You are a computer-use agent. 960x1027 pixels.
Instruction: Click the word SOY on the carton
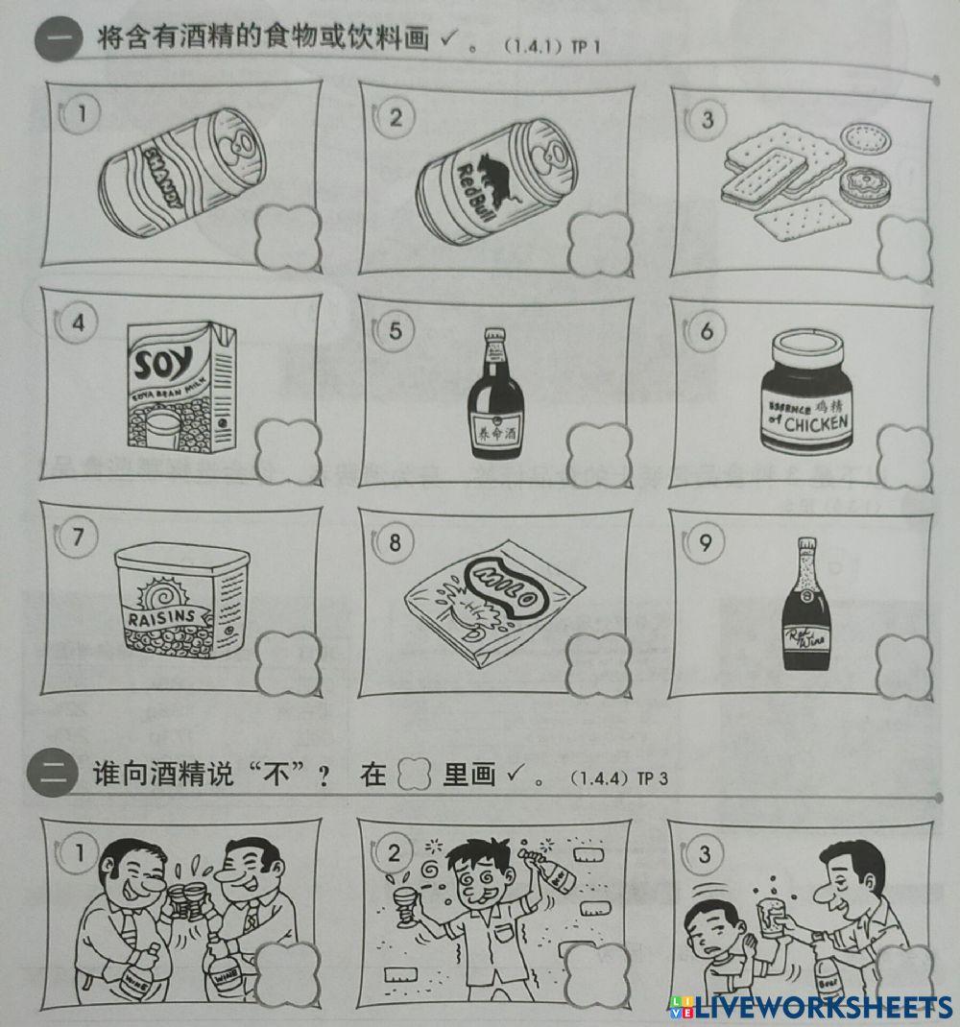164,365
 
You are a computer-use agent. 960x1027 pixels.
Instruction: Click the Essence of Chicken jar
804,394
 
